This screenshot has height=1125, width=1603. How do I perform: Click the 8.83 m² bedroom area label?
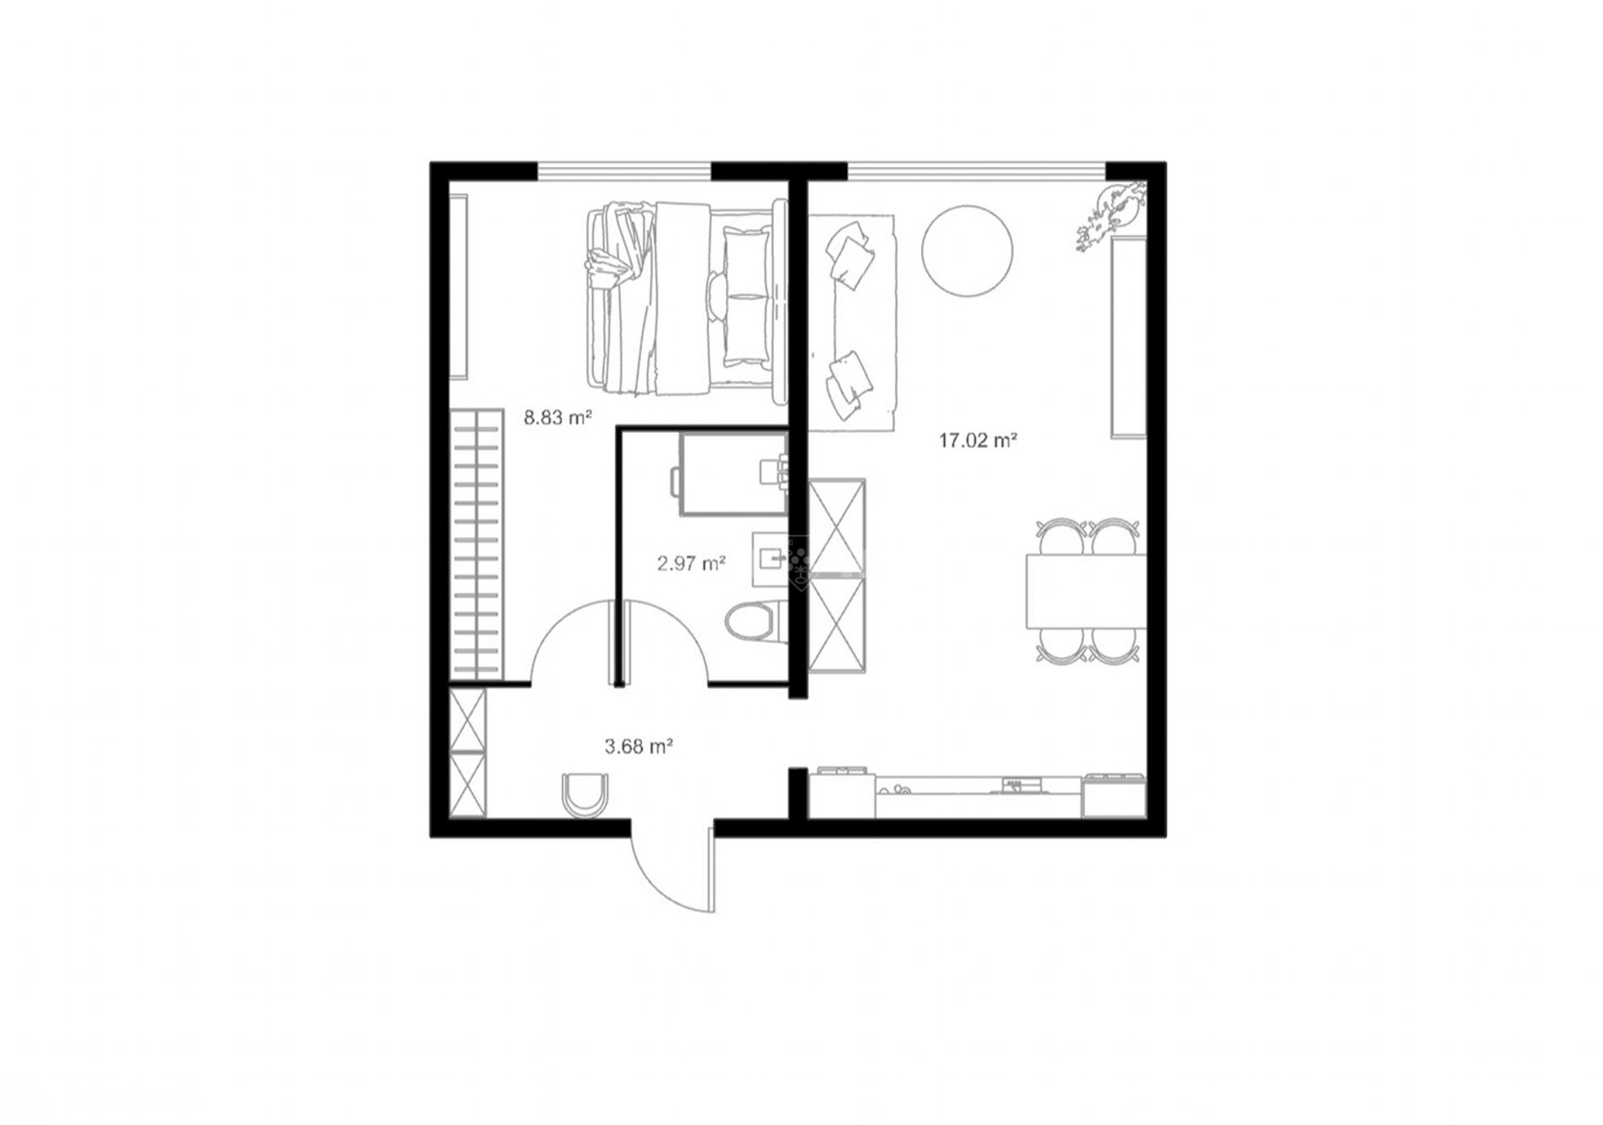pyautogui.click(x=557, y=417)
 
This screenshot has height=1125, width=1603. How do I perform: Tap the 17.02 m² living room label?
pyautogui.click(x=977, y=440)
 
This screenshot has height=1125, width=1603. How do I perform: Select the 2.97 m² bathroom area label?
pyautogui.click(x=692, y=563)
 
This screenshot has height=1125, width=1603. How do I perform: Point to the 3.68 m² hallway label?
pyautogui.click(x=639, y=746)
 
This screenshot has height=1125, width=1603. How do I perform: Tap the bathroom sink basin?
pyautogui.click(x=770, y=558)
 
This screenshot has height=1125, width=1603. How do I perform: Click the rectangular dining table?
pyautogui.click(x=1085, y=590)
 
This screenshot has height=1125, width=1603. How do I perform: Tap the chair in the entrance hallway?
pyautogui.click(x=584, y=795)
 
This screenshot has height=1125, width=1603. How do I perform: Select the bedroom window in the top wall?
pyautogui.click(x=623, y=170)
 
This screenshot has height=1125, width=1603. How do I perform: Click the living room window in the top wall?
pyautogui.click(x=976, y=170)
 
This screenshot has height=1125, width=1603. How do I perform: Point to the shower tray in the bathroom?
pyautogui.click(x=733, y=473)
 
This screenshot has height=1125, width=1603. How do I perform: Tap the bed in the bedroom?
pyautogui.click(x=686, y=299)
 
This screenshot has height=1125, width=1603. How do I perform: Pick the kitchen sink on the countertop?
pyautogui.click(x=894, y=791)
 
